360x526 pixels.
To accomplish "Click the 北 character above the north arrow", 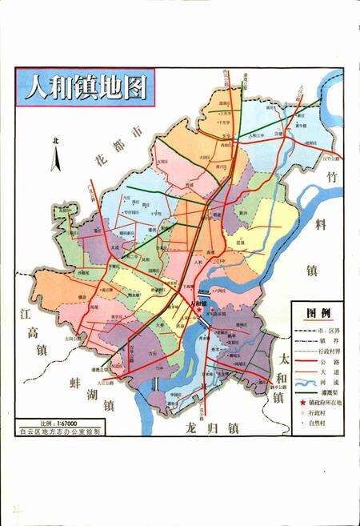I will coord(55,140).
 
